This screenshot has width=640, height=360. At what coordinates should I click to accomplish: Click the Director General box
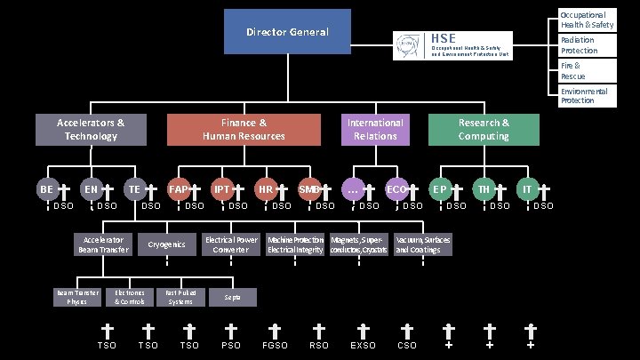286,32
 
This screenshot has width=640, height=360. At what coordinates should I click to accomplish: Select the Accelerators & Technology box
91,129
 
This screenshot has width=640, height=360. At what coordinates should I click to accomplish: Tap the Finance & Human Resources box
244,129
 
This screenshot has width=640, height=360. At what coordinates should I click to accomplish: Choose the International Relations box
375,129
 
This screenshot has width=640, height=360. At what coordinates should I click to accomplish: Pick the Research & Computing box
484,129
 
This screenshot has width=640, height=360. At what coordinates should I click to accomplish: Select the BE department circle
47,189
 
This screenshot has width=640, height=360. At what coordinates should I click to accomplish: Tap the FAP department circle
178,189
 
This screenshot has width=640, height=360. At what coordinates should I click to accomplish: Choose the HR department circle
265,189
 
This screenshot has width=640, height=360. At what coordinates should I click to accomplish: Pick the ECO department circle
396,189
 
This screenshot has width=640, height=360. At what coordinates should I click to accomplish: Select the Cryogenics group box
166,244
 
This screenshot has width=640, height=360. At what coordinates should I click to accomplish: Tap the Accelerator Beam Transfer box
103,244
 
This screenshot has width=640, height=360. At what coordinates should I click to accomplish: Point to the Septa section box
232,297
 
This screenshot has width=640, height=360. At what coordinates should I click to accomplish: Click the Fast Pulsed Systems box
180,297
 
